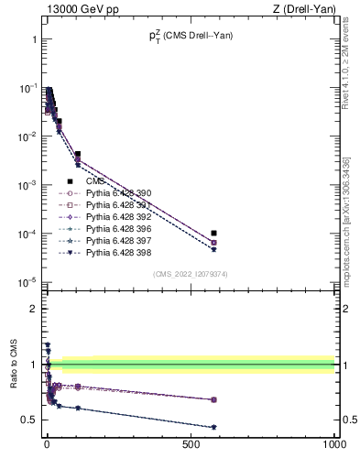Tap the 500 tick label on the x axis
(191, 443)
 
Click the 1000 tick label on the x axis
(334, 443)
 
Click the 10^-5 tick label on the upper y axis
(27, 282)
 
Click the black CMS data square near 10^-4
(213, 234)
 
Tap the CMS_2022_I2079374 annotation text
(190, 273)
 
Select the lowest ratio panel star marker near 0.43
(213, 427)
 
